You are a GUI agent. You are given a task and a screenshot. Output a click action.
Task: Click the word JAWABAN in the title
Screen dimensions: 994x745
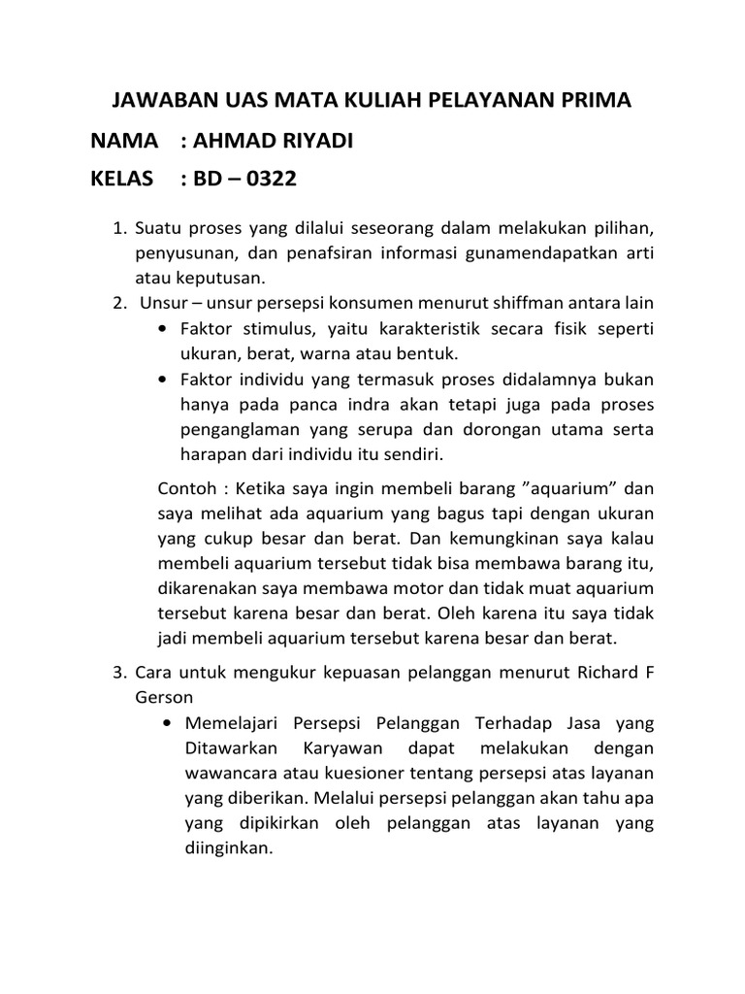[157, 101]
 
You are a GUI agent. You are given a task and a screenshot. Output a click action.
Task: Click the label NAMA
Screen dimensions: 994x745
[124, 142]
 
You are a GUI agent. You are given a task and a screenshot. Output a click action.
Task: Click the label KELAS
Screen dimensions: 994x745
[122, 180]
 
